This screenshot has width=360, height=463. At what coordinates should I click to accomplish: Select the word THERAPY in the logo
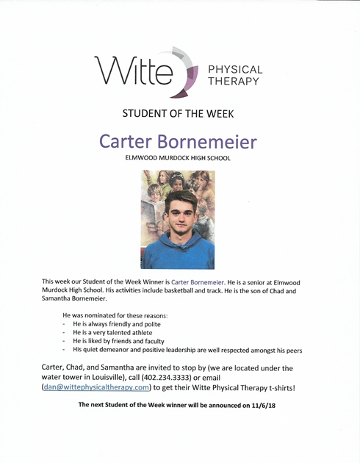tap(234, 82)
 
